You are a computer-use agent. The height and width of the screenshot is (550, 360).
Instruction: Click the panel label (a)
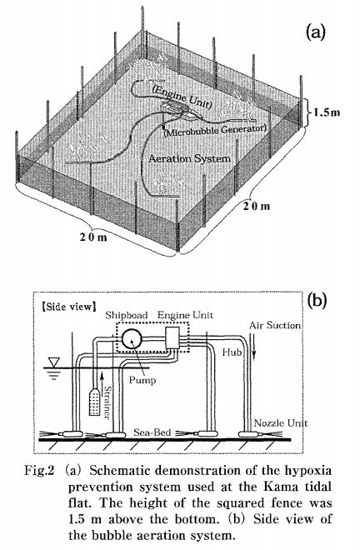click(x=316, y=32)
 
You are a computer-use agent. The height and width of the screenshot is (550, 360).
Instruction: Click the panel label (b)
click(x=316, y=300)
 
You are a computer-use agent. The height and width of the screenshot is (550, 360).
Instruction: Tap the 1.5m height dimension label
click(x=327, y=112)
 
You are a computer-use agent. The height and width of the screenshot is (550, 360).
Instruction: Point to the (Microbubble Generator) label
click(x=215, y=130)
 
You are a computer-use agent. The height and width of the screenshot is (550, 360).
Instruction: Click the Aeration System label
click(x=190, y=158)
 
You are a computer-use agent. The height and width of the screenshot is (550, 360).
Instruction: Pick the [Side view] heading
click(x=68, y=307)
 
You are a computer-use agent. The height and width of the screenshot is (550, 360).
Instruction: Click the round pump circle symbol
click(x=132, y=339)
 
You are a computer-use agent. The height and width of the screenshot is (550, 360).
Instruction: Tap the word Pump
click(x=142, y=380)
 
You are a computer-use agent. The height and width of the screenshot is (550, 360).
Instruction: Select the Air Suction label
click(x=275, y=325)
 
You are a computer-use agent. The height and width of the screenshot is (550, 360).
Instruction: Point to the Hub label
click(x=232, y=352)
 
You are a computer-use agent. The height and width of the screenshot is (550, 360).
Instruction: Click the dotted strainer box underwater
click(x=95, y=402)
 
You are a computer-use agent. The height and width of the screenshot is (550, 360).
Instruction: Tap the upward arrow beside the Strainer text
click(x=102, y=386)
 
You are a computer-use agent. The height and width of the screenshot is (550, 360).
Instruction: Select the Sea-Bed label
click(x=152, y=432)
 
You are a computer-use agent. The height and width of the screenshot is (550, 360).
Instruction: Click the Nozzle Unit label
click(x=281, y=422)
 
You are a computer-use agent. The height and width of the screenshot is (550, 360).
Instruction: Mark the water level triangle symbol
click(x=54, y=362)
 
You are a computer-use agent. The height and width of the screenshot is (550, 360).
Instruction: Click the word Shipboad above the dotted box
click(x=127, y=315)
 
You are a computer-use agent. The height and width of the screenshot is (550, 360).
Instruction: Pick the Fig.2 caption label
click(x=39, y=471)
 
